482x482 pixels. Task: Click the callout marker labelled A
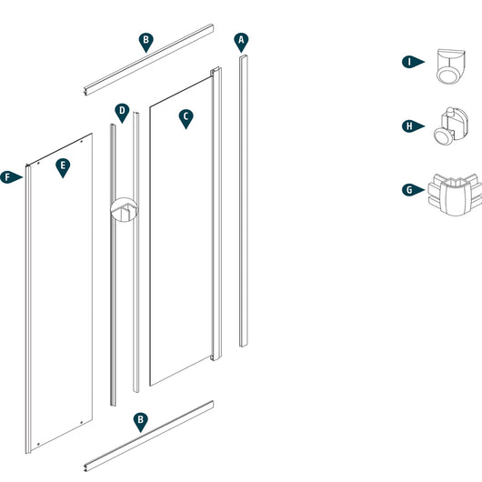click(241, 41)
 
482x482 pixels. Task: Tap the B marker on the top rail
click(145, 41)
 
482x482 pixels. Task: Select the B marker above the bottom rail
click(139, 421)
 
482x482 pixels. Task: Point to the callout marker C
click(186, 116)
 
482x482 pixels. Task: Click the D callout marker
click(122, 112)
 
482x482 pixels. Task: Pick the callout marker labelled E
click(62, 166)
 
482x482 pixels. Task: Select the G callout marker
click(411, 190)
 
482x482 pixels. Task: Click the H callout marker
click(411, 126)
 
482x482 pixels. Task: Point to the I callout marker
click(411, 62)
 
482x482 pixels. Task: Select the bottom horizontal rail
click(147, 435)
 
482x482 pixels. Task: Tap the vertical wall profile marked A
click(244, 200)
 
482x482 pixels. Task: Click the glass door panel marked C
click(182, 236)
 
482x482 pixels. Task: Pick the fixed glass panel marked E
click(59, 291)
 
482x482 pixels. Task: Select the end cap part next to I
click(449, 65)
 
